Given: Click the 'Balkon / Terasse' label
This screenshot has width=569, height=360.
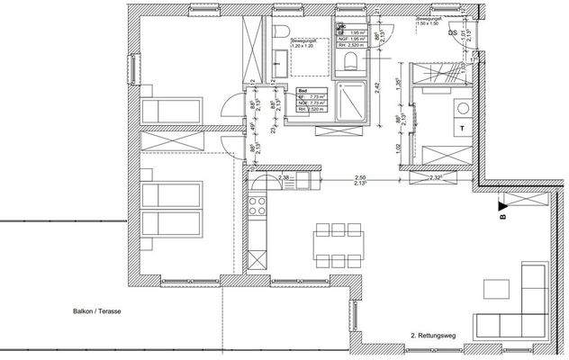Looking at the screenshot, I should coord(96,311).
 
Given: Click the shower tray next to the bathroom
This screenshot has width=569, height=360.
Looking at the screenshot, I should coord(348,107).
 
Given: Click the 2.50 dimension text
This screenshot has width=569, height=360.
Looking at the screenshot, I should coord(360,178).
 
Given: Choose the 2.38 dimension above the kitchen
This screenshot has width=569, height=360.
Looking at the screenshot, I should coord(284,178).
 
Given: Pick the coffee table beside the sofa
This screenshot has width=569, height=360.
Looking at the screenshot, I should coord(497,289).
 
